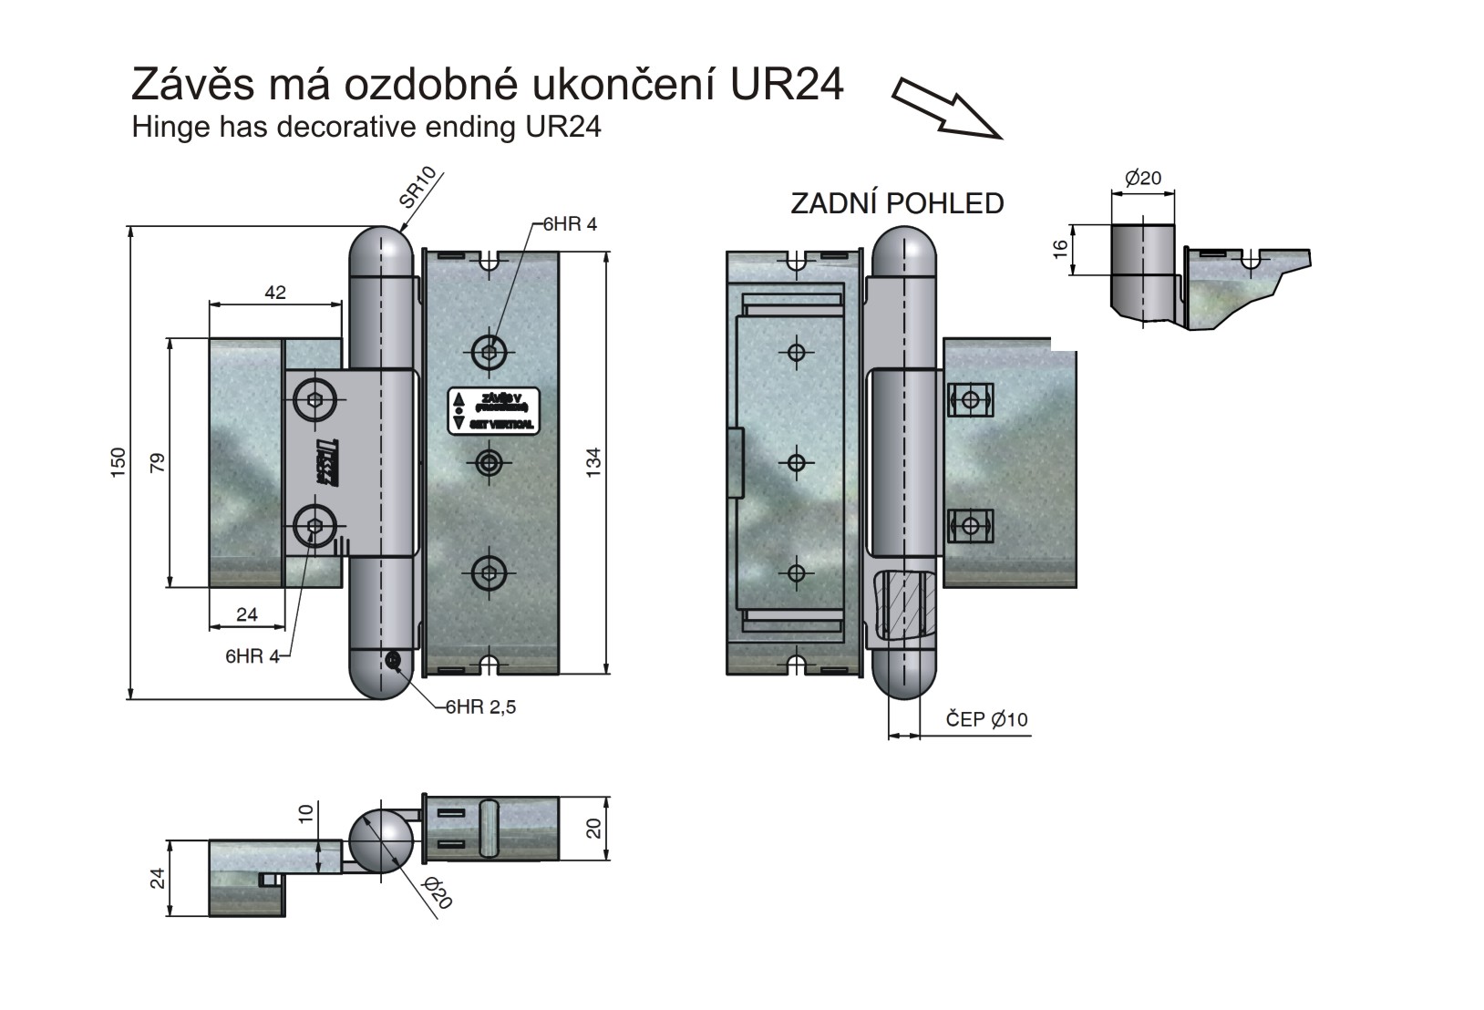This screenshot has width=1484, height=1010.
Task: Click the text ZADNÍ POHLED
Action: (x=897, y=202)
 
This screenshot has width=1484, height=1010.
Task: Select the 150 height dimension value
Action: (x=118, y=461)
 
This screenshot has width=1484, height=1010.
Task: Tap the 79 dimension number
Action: (x=157, y=462)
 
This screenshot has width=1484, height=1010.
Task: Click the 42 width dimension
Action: (x=274, y=293)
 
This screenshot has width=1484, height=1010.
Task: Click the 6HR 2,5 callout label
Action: (x=480, y=706)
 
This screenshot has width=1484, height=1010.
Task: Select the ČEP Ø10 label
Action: (x=986, y=719)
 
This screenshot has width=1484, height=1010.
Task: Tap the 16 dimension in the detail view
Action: (x=1059, y=250)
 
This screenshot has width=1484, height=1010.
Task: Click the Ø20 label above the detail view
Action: (x=1143, y=178)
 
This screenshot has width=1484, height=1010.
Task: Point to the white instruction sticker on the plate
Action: (x=493, y=410)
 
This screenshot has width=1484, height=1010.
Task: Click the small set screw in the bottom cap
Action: (x=395, y=661)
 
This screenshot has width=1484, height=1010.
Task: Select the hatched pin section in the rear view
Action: (x=904, y=604)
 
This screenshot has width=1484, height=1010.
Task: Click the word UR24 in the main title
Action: (x=788, y=84)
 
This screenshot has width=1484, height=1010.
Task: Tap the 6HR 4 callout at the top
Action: (x=570, y=224)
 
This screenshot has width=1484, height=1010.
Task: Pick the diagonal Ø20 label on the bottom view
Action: (x=438, y=892)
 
